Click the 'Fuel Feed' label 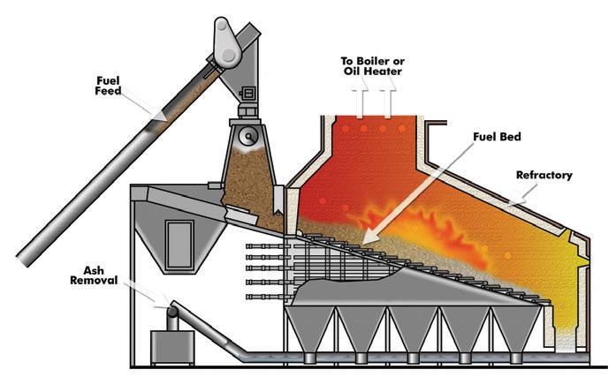click(109, 87)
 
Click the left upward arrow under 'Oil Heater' click(362, 102)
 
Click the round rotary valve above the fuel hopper click(249, 134)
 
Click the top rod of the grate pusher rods click(265, 246)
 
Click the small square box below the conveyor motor click(248, 92)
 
